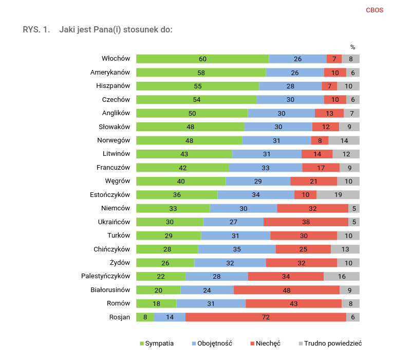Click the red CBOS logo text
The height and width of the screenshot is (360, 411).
(x=375, y=10)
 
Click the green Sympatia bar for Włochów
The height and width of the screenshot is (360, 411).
(x=202, y=59)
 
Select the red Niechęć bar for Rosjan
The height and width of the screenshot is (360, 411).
(x=266, y=317)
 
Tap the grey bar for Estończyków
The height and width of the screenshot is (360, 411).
(x=338, y=195)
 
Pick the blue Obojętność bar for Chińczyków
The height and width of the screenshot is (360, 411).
(x=236, y=249)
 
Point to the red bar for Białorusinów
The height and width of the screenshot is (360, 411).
(x=286, y=290)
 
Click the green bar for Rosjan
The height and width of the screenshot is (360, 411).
(x=145, y=317)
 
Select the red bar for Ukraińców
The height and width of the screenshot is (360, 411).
(x=306, y=222)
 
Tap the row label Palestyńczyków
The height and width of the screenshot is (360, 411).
(x=106, y=276)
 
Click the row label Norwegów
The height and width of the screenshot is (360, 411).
(x=114, y=140)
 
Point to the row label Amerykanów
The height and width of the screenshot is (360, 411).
(x=110, y=72)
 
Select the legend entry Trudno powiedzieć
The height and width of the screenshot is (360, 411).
(x=332, y=343)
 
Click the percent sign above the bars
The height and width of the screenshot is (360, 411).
(x=352, y=47)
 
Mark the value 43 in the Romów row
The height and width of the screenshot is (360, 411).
(x=293, y=303)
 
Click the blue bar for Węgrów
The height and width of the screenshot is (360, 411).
(x=258, y=181)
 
